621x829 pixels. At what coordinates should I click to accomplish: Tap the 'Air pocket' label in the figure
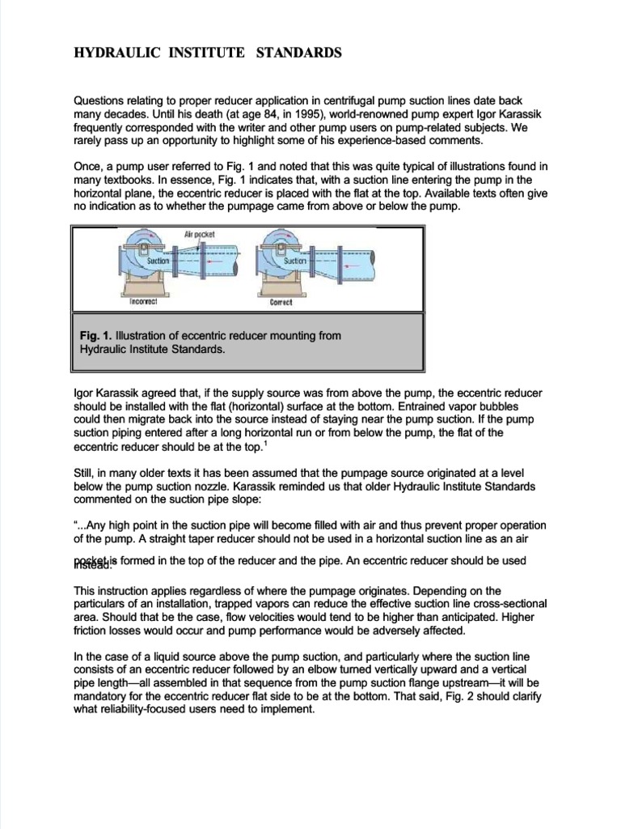pyautogui.click(x=199, y=233)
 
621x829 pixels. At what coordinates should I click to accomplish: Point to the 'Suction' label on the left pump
pyautogui.click(x=158, y=261)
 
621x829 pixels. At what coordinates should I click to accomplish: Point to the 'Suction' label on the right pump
pyautogui.click(x=295, y=261)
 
